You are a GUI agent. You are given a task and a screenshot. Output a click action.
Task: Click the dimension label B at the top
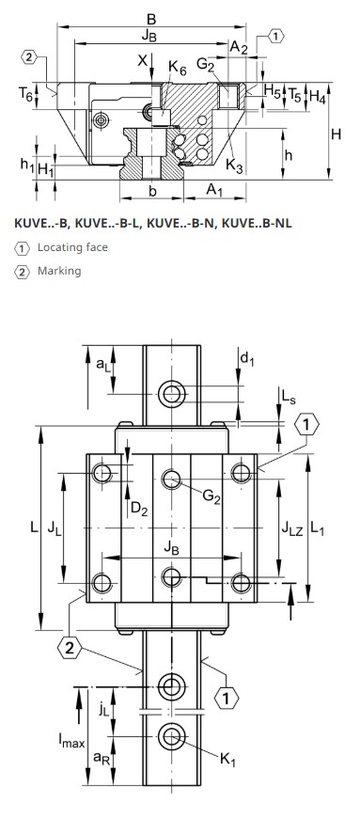pyautogui.click(x=151, y=20)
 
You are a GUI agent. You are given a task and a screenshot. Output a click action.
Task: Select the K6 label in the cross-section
pyautogui.click(x=177, y=68)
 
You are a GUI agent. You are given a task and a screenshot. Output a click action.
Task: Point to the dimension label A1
pyautogui.click(x=214, y=190)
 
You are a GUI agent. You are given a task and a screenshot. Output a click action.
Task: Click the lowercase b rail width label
pyautogui.click(x=153, y=192)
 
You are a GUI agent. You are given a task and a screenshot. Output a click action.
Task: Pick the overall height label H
pyautogui.click(x=336, y=134)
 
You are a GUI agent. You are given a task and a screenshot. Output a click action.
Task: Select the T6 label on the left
pyautogui.click(x=25, y=94)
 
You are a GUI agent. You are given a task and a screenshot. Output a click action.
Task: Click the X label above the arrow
pyautogui.click(x=143, y=60)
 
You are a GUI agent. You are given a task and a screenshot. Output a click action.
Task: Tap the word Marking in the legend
pyautogui.click(x=59, y=271)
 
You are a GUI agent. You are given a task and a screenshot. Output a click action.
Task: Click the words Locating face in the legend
pyautogui.click(x=72, y=246)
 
